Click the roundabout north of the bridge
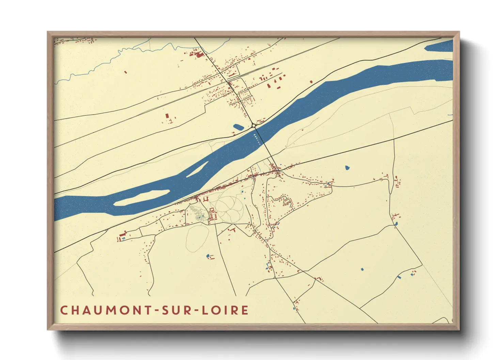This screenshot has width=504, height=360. click(x=254, y=126)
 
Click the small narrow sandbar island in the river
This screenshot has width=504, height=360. click(x=198, y=169)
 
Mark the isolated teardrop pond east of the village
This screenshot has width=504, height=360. click(x=347, y=168)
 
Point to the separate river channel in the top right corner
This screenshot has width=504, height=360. click(x=439, y=46)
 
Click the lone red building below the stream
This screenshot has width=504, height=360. click(x=125, y=72)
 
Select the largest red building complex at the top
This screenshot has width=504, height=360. click(x=197, y=53)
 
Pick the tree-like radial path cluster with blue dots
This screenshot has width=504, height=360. click(x=198, y=214)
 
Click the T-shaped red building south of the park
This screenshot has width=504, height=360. click(x=234, y=230)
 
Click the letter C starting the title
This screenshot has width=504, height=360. click(x=64, y=310)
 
